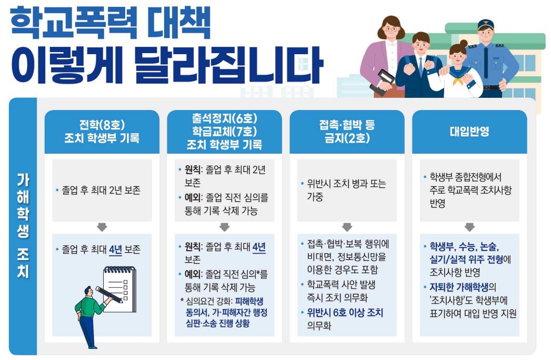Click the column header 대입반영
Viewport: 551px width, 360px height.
[469, 132]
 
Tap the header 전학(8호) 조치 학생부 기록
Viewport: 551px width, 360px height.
[102, 132]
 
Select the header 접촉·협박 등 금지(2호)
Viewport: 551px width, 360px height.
[347, 132]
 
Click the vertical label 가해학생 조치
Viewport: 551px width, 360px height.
[23, 226]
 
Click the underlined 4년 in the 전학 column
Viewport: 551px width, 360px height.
[115, 249]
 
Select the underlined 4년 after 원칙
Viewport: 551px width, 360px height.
[259, 247]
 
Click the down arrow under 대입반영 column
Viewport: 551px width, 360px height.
[469, 227]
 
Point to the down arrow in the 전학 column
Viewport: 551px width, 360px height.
[102, 227]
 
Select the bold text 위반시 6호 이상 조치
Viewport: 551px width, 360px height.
[345, 313]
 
